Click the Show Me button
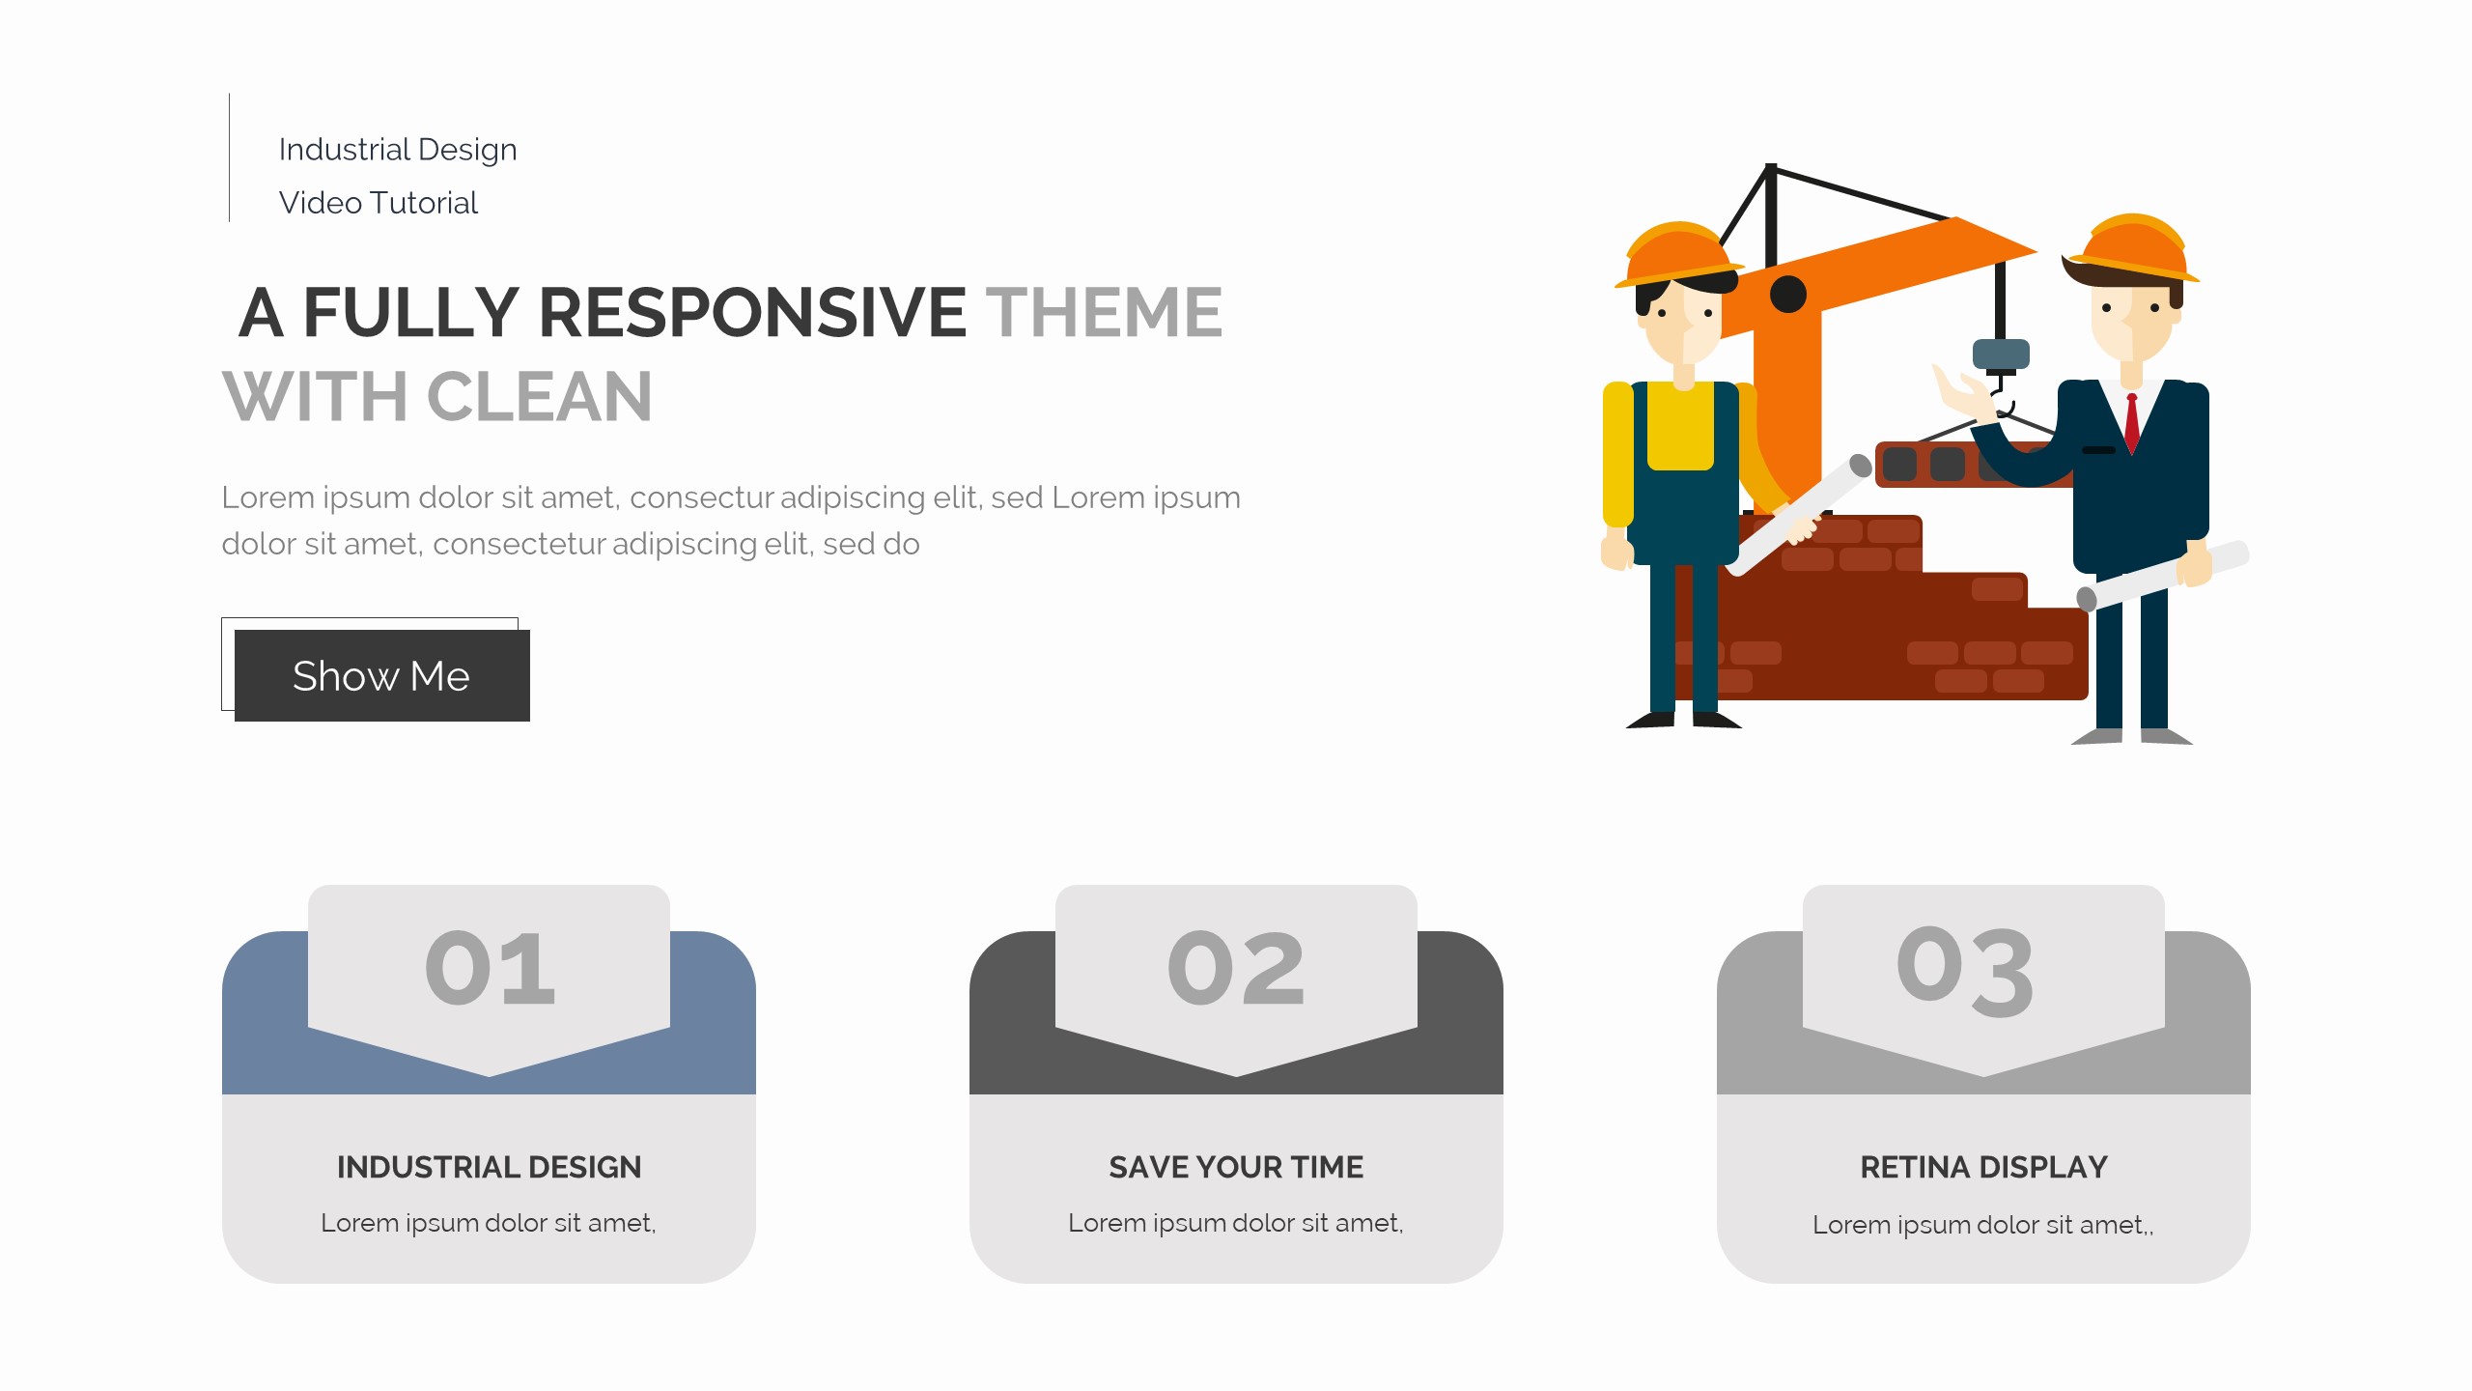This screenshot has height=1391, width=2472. (381, 675)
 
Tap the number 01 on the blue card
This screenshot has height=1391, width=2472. (490, 968)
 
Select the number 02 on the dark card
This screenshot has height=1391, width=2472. (1236, 968)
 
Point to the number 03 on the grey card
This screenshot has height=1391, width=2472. (1965, 970)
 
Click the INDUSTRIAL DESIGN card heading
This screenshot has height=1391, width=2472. (489, 1167)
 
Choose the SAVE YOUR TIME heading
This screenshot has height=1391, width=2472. (1236, 1167)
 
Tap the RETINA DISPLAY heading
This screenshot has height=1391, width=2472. (1983, 1167)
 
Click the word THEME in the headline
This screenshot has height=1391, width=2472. (1104, 312)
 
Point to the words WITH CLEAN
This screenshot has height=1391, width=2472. (437, 396)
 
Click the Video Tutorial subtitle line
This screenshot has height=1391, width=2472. (379, 203)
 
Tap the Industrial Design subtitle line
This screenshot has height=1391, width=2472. (398, 150)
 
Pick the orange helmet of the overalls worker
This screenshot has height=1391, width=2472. (1678, 253)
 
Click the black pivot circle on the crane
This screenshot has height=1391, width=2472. (1788, 294)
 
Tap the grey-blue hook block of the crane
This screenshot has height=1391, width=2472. (2001, 355)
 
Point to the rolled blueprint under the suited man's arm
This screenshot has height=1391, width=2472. (2163, 576)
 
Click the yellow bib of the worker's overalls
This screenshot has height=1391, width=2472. (1680, 426)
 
